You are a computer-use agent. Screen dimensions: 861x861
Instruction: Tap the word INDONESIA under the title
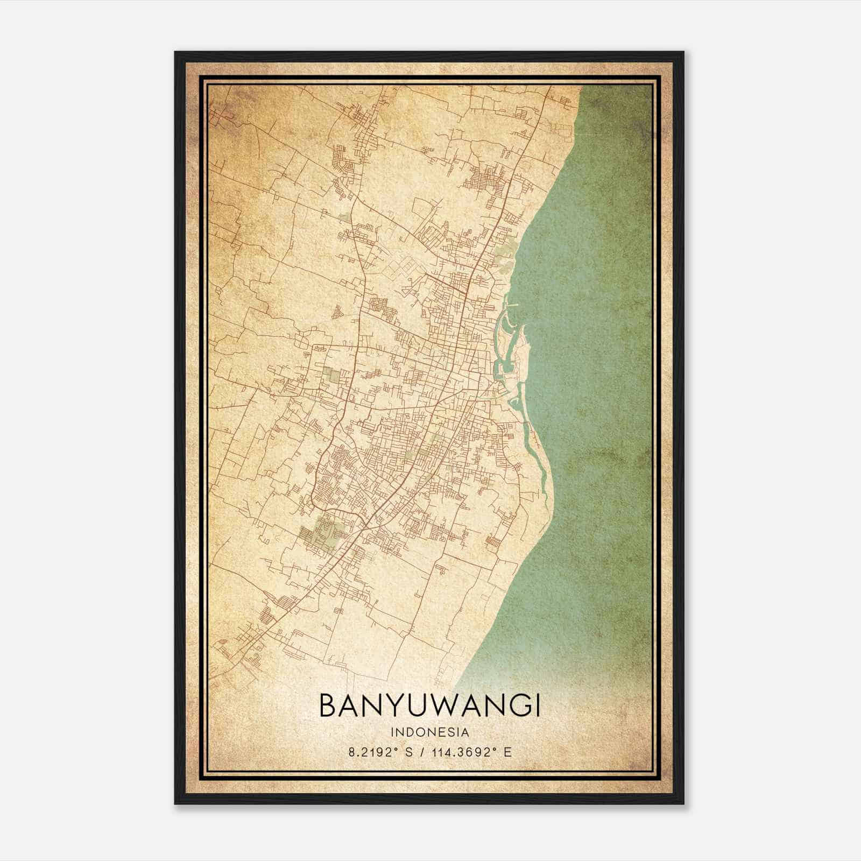[x=430, y=732]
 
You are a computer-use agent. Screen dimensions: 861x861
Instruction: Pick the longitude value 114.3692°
[x=462, y=752]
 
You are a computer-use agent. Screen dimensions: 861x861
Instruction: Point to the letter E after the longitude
[x=507, y=752]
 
